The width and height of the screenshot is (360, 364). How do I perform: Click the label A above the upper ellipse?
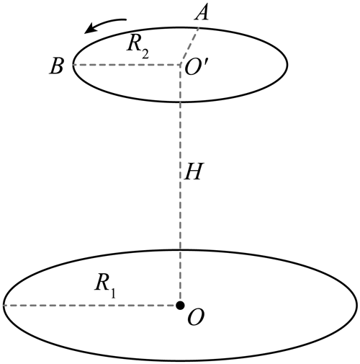202,13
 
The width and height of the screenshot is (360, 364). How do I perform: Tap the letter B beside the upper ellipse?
57,66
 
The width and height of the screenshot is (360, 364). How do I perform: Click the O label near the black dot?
196,318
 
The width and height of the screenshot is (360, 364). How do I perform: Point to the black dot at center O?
180,306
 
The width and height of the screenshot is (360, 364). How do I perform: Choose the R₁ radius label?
105,286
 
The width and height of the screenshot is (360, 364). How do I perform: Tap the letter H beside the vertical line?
194,172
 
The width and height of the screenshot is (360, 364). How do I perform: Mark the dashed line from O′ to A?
189,46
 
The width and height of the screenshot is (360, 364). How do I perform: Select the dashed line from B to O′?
127,65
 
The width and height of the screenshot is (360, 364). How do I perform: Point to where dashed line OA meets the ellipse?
199,28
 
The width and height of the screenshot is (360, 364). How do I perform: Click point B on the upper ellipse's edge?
73,65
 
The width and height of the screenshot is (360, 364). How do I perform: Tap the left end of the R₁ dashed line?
4,306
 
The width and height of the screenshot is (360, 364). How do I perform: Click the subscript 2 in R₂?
145,54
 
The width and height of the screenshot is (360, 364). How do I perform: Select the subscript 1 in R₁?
113,293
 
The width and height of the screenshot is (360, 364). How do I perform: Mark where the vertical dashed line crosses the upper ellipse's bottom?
180,102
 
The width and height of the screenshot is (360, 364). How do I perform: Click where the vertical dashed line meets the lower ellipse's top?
180,251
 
